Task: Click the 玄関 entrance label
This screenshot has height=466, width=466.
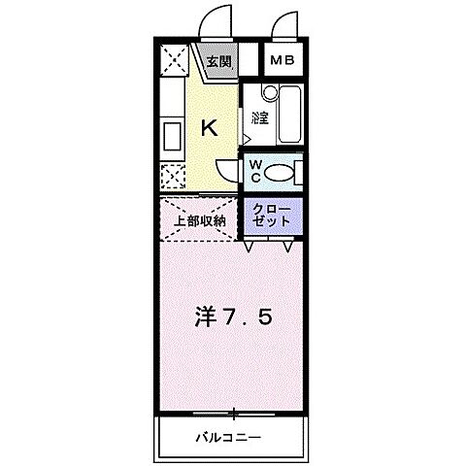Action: pos(218,61)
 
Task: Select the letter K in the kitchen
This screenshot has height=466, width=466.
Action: pos(208,126)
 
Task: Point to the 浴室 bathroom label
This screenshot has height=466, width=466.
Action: pos(258,118)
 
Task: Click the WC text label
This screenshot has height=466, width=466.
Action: pos(253,172)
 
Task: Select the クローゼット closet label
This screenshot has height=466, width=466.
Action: pos(271,216)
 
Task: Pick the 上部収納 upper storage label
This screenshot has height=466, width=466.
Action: pos(200,219)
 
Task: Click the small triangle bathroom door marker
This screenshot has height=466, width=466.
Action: pos(247,140)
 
